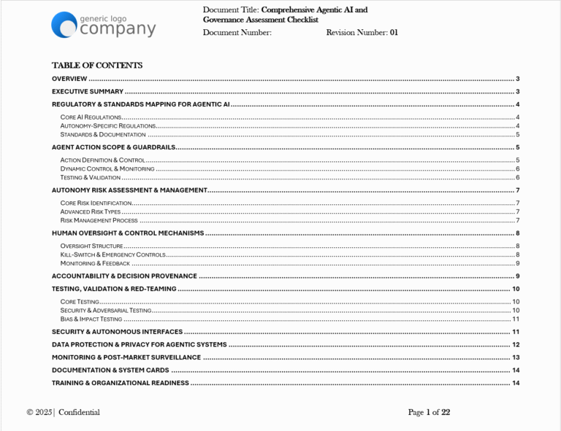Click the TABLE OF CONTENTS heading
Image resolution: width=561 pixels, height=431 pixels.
pyautogui.click(x=97, y=65)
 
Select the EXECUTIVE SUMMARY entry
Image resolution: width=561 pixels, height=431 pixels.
pyautogui.click(x=88, y=92)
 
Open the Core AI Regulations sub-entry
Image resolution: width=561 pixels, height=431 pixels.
pyautogui.click(x=91, y=117)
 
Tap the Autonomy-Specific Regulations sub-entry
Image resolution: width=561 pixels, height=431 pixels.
pyautogui.click(x=108, y=126)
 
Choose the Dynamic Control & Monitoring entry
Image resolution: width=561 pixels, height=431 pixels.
pyautogui.click(x=107, y=168)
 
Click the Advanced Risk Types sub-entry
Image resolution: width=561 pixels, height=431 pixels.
pyautogui.click(x=91, y=211)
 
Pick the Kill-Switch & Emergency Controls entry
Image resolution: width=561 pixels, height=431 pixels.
pyautogui.click(x=113, y=255)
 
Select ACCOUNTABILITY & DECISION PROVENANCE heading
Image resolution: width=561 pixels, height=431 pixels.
pyautogui.click(x=124, y=276)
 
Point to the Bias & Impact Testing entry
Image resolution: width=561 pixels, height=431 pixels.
pyautogui.click(x=91, y=319)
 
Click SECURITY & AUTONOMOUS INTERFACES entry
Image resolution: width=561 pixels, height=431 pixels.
pyautogui.click(x=117, y=332)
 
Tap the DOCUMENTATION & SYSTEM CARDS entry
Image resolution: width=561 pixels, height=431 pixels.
pyautogui.click(x=110, y=370)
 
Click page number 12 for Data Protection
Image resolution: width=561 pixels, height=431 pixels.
pyautogui.click(x=515, y=345)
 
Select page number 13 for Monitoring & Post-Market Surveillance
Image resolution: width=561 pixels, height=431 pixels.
pyautogui.click(x=515, y=358)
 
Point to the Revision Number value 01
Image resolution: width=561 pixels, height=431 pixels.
pyautogui.click(x=394, y=33)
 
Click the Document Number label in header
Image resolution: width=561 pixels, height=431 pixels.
pyautogui.click(x=237, y=33)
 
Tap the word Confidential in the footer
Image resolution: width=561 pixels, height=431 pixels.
pyautogui.click(x=79, y=413)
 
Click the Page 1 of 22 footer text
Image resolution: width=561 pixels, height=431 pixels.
pyautogui.click(x=429, y=413)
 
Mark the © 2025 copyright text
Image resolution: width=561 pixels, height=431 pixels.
pyautogui.click(x=39, y=413)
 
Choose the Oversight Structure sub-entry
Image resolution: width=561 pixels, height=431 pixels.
pyautogui.click(x=92, y=246)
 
